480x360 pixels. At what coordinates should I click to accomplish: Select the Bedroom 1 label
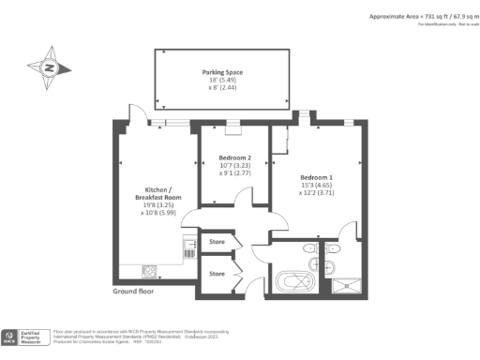coord(316,177)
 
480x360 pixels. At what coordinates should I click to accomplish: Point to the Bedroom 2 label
coord(235,157)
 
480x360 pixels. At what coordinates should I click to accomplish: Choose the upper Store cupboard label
coord(217,242)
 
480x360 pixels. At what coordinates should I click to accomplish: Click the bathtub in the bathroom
coord(293,280)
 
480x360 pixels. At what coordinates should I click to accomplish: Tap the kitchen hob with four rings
coord(151,272)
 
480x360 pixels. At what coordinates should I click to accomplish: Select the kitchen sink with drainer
coord(188,248)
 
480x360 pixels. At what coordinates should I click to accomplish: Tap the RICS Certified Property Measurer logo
coord(24,337)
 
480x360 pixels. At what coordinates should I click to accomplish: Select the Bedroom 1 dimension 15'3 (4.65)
coord(316,187)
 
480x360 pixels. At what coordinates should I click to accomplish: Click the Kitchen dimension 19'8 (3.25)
coord(154,204)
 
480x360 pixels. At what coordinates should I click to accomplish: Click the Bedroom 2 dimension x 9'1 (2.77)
coord(235,174)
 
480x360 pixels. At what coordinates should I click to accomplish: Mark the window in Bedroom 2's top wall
coord(233,123)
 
